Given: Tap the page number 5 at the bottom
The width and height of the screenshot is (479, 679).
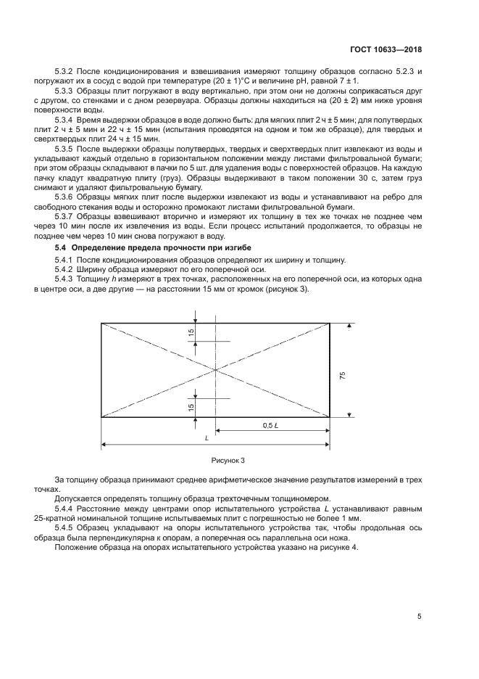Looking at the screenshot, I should (x=420, y=617).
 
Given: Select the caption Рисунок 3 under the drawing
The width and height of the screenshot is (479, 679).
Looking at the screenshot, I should (x=228, y=460).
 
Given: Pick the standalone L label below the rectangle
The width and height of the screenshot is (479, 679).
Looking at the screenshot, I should (x=207, y=438).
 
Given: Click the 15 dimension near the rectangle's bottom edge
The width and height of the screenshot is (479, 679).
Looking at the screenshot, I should (x=191, y=407).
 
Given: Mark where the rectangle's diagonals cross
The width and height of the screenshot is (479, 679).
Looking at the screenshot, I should (x=216, y=370).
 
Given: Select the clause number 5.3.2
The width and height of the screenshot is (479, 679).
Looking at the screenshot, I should (x=66, y=72).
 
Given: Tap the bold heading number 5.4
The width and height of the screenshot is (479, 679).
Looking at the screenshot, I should (x=62, y=249).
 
